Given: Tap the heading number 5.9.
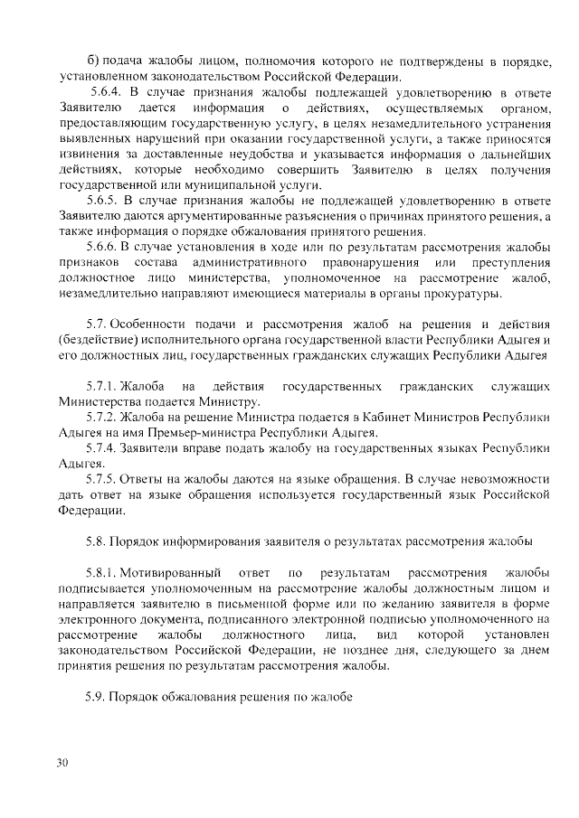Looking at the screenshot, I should (x=96, y=698).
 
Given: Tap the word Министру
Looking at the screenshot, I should (x=233, y=402).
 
